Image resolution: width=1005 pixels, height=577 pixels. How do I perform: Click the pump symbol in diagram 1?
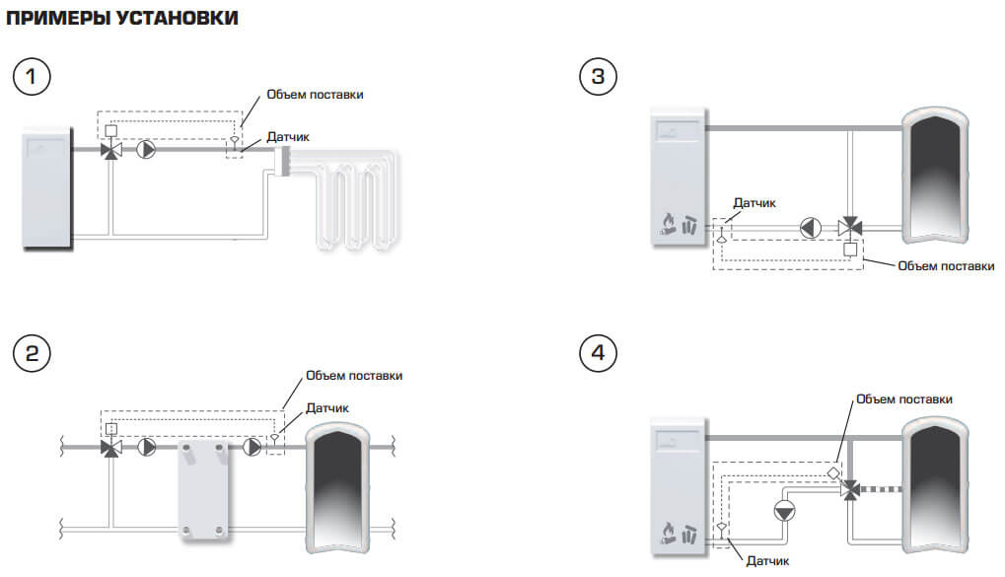(146, 152)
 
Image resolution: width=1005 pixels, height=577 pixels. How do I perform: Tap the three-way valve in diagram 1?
(111, 152)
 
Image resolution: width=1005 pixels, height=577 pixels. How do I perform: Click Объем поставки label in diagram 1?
(315, 95)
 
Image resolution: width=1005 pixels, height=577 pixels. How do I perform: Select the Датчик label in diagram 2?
(326, 407)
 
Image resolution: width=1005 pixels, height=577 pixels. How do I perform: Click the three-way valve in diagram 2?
(111, 447)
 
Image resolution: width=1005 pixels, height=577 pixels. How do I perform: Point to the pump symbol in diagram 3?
(811, 227)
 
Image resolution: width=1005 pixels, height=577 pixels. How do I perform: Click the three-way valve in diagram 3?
(850, 227)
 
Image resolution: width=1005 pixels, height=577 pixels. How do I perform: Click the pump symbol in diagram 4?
(786, 511)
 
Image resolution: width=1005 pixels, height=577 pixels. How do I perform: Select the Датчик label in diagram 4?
(766, 560)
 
